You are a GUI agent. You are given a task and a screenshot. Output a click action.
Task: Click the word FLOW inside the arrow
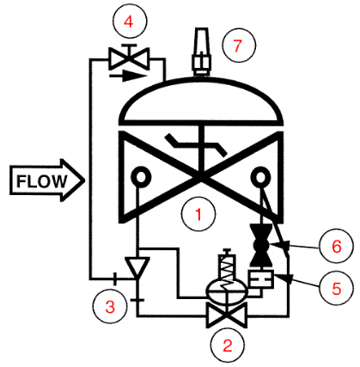coord(40,181)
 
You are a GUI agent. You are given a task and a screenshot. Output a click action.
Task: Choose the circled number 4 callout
coord(128,18)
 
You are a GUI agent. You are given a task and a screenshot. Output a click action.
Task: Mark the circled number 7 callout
coord(239,46)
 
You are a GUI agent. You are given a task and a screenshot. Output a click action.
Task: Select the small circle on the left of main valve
coord(137,179)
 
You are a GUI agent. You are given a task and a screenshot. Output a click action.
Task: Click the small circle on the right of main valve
coord(258,179)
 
